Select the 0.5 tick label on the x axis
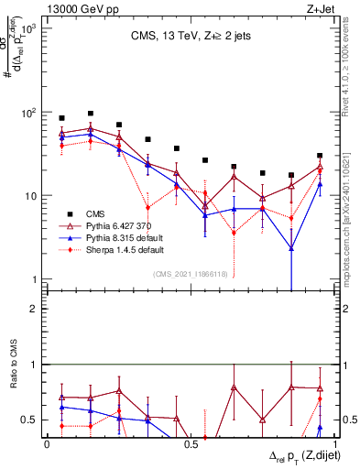[x=190, y=444]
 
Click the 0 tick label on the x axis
[x=47, y=444]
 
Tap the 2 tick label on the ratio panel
[x=36, y=309]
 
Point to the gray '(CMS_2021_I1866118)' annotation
[x=189, y=274]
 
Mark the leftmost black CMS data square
[x=61, y=118]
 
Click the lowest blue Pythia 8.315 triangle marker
[x=291, y=248]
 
